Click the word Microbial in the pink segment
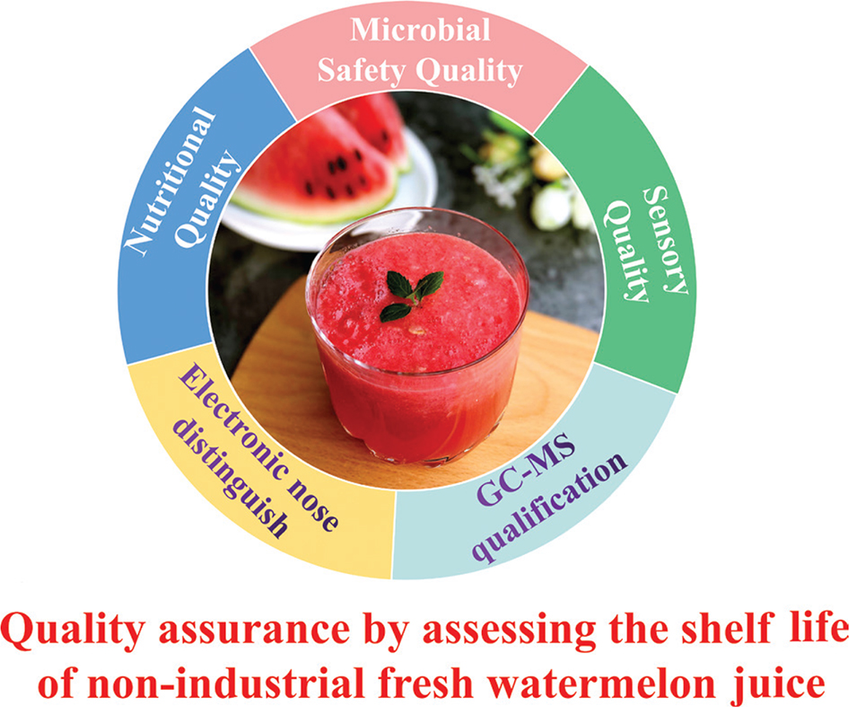[420, 31]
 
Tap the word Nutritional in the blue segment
[170, 181]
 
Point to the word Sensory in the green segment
[664, 239]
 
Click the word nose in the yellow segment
[313, 505]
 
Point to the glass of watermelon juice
[417, 336]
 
